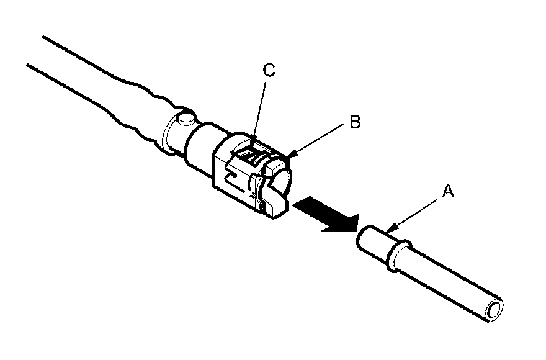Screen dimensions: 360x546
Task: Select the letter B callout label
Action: [x=354, y=122]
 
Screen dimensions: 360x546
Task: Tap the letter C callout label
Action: [x=269, y=71]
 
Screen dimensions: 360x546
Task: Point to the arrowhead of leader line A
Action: [x=388, y=232]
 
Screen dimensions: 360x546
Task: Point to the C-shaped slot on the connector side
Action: [x=233, y=180]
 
